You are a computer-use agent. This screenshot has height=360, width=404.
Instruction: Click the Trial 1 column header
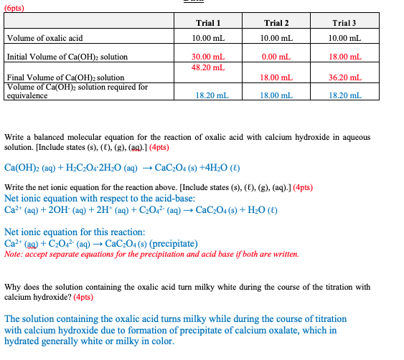(x=209, y=24)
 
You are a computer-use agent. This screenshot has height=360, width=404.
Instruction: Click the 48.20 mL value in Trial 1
(x=209, y=67)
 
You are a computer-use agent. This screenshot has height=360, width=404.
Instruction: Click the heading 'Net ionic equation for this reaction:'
(x=75, y=232)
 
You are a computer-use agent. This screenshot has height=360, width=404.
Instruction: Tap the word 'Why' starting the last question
(x=13, y=286)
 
